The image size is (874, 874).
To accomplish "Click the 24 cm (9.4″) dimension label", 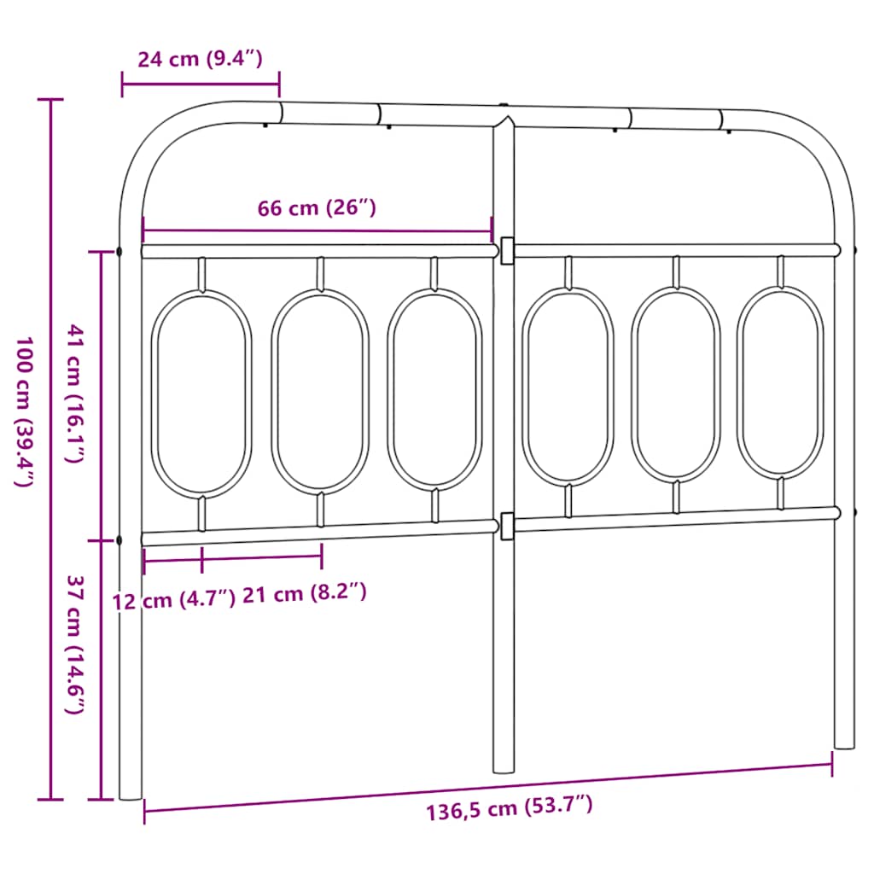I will coord(200,60).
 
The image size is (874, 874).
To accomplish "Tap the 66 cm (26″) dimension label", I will coord(317,208).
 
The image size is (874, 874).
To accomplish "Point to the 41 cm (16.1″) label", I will coord(75,393).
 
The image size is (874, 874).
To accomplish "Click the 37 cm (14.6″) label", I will coord(75,644).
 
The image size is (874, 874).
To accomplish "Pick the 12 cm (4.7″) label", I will coord(173,600).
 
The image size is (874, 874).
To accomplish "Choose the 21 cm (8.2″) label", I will coord(305,593).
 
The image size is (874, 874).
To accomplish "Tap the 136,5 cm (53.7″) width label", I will coord(510,807).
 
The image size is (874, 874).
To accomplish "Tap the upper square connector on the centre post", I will coord(507,250).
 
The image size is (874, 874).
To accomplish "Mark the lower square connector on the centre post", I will coord(507,526).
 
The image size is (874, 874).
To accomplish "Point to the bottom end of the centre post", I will coord(504,768).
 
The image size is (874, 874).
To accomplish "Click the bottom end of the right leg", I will coord(843,744).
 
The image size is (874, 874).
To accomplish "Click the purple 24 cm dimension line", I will coord(201,84).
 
